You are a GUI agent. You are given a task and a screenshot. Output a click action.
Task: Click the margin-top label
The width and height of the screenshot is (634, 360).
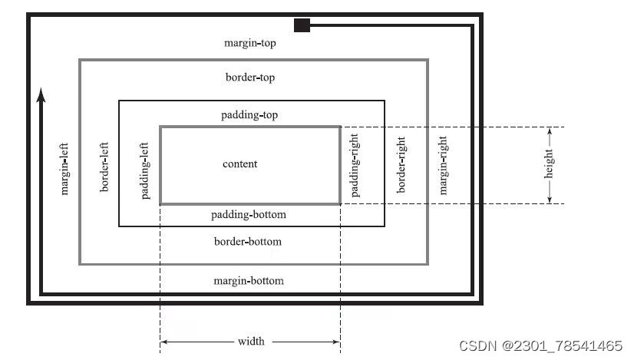point(249,43)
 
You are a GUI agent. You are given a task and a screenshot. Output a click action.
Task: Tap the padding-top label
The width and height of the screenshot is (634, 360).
point(249,115)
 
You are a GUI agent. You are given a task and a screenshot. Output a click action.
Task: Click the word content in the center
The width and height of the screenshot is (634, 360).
point(240,163)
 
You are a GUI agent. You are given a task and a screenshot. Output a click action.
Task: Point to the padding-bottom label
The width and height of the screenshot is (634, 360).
point(248,214)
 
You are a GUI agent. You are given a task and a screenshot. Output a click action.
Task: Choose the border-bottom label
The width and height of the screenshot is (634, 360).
point(247,242)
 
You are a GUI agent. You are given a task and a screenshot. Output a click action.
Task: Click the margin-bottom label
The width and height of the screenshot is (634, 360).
point(248,281)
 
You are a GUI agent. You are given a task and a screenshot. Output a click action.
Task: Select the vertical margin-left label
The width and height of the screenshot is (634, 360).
point(64,167)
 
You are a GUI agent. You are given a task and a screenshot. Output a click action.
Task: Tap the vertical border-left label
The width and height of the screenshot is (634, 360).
point(104,166)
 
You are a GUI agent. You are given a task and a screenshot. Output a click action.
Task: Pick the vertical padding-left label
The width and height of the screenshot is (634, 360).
point(145,169)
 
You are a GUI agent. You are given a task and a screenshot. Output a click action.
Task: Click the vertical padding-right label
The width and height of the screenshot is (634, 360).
point(355,165)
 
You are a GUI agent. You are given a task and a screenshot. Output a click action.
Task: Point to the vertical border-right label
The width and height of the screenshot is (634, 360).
point(400,165)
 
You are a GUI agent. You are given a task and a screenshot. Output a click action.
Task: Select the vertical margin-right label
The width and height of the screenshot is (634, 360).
point(443,165)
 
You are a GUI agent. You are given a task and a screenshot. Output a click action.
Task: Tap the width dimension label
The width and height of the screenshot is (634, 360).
point(250,341)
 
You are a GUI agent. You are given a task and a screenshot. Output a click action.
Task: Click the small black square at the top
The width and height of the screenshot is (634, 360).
point(302,26)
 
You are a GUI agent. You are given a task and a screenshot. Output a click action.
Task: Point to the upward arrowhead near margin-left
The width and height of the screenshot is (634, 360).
point(41,94)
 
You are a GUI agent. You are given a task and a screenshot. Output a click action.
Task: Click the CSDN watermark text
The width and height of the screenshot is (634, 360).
point(540,345)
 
